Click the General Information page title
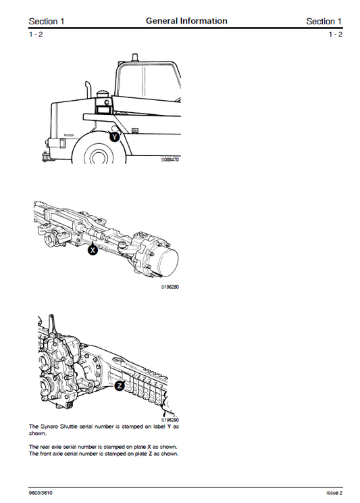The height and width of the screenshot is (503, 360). point(186,21)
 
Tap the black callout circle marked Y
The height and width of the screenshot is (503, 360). point(115,136)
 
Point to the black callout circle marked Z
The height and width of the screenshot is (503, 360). point(120,385)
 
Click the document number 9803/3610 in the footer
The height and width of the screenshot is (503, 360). point(42,492)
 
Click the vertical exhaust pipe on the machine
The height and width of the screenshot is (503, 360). point(88,92)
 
